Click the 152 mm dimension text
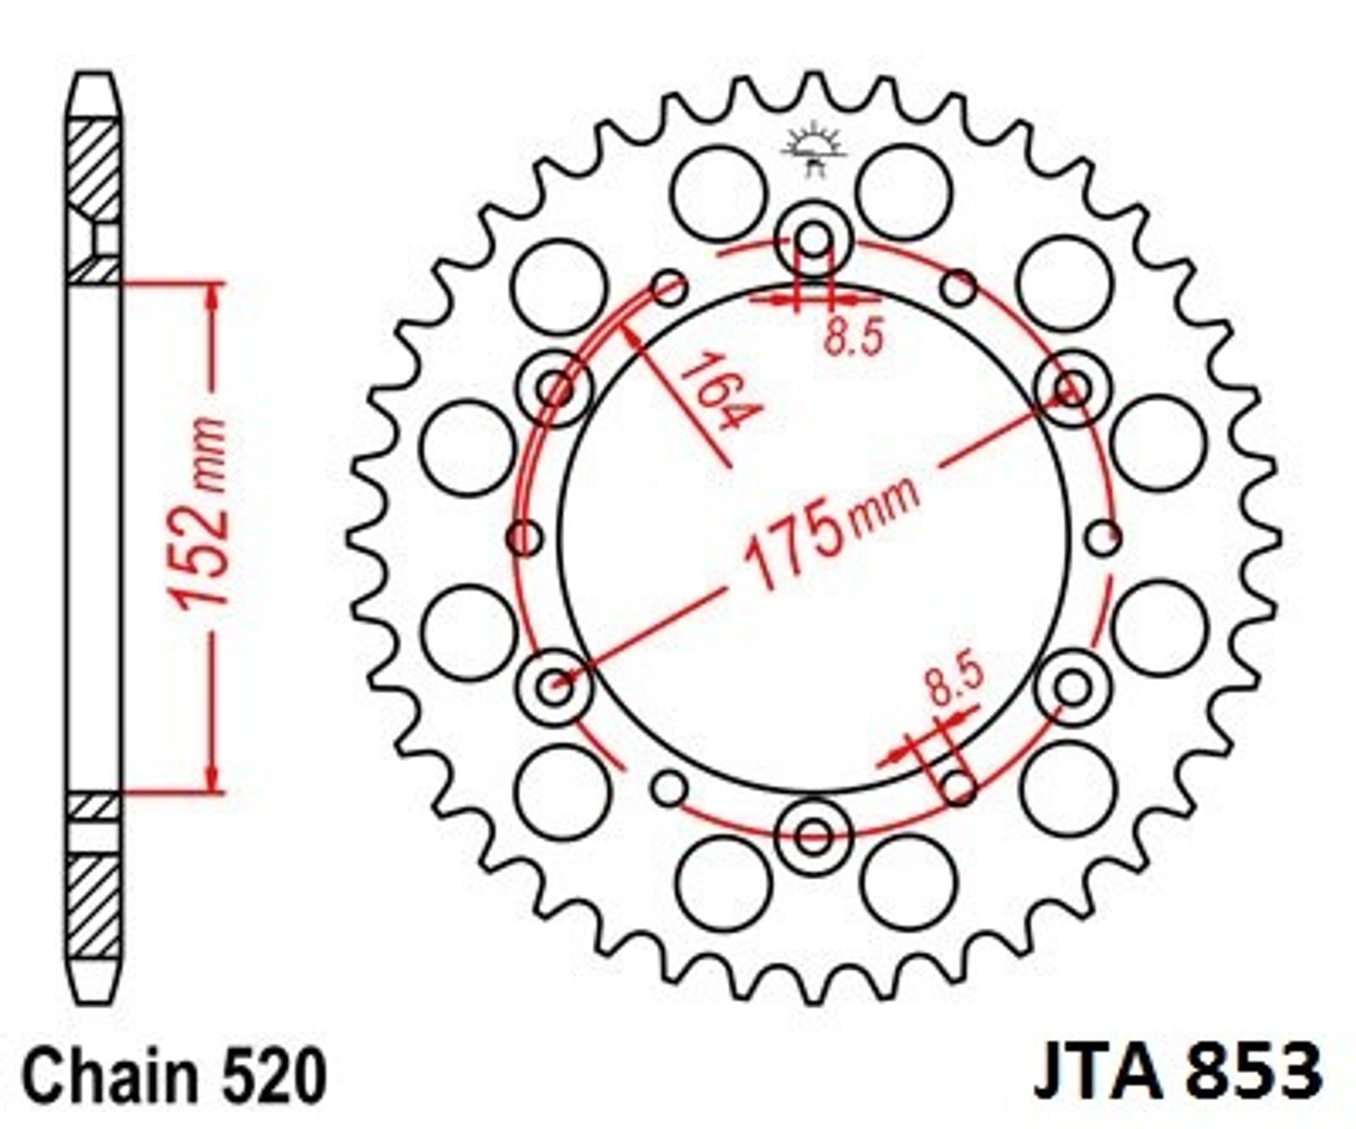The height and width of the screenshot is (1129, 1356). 201,513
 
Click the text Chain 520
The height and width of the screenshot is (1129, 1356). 174,1076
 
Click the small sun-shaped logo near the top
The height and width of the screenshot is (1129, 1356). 814,148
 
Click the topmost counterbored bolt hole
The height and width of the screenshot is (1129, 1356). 814,241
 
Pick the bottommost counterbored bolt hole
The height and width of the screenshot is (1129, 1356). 814,837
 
